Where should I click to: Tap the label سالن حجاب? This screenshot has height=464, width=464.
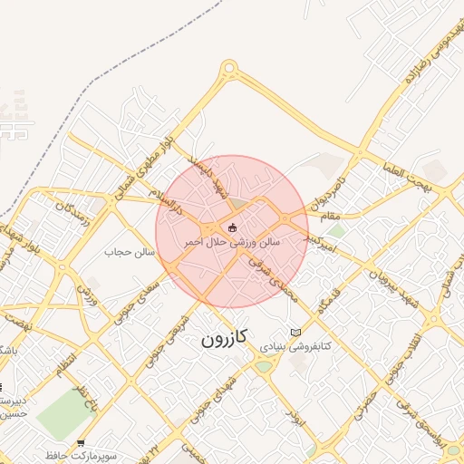[x=131, y=251]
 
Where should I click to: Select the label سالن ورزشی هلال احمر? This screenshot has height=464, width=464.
[x=233, y=243]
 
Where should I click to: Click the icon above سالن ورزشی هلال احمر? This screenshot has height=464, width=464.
[x=233, y=227]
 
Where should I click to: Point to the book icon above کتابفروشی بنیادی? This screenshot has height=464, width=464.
[x=295, y=332]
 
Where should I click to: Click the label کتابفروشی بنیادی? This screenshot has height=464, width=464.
[x=295, y=346]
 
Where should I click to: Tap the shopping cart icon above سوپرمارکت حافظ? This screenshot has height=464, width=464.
[x=82, y=442]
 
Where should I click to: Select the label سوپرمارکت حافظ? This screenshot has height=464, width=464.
[x=81, y=456]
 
